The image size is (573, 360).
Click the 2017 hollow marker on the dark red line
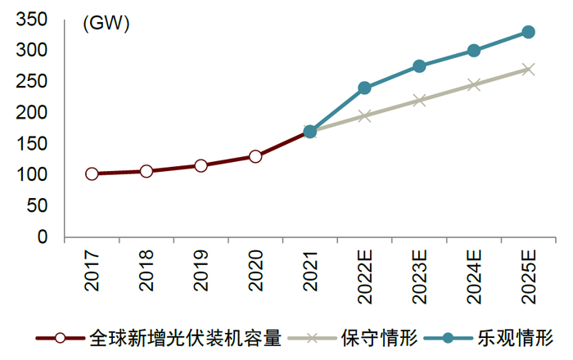92,173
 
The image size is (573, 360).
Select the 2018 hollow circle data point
146,171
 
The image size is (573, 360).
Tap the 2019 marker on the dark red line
201,165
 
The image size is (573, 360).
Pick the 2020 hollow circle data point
255,156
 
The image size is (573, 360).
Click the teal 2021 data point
309,131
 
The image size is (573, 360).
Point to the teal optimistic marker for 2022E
364,88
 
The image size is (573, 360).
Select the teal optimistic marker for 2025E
528,32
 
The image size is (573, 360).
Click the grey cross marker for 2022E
364,116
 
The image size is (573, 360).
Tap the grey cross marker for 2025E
528,70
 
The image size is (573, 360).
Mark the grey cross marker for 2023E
419,101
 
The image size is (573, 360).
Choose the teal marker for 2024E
474,51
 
